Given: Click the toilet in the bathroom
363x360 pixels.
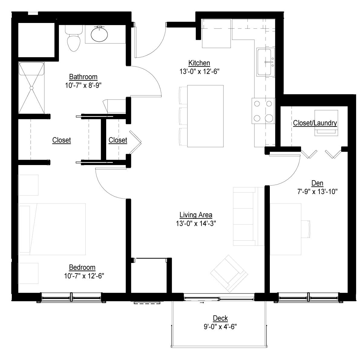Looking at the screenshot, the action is click(74, 39).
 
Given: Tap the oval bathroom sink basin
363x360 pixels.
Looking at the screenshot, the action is click(99, 34).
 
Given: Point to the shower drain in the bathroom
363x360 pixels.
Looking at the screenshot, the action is click(32, 88).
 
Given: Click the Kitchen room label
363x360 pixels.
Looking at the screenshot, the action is click(199, 63).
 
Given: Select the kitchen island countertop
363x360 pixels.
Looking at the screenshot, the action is click(205, 116).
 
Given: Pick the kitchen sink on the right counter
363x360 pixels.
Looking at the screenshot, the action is click(265, 62).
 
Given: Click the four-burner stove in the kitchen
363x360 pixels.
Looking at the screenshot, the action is click(263, 111).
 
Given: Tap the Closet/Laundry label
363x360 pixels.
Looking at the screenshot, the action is click(315, 123).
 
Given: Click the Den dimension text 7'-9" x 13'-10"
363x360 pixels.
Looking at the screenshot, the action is click(317, 192).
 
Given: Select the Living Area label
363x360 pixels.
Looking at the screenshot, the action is click(196, 215).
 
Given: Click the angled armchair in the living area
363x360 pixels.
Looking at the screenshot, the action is click(229, 274).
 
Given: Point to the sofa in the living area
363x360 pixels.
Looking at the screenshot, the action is click(249, 216).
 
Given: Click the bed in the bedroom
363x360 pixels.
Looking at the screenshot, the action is click(52, 229).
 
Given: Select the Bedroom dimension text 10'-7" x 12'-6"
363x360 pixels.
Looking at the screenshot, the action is click(84, 276).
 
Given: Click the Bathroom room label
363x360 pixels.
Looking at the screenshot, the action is click(83, 77).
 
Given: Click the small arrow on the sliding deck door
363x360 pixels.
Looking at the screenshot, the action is click(202, 303).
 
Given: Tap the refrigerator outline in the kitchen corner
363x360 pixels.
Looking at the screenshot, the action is click(217, 34).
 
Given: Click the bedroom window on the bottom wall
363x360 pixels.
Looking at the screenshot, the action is click(71, 298).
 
